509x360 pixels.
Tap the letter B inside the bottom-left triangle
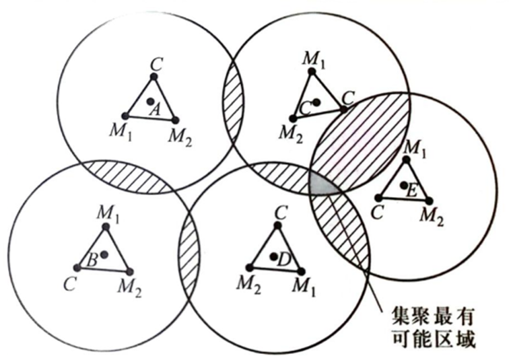[94, 257]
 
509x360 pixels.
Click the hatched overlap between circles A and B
[127, 176]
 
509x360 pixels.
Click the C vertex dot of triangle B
[77, 268]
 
